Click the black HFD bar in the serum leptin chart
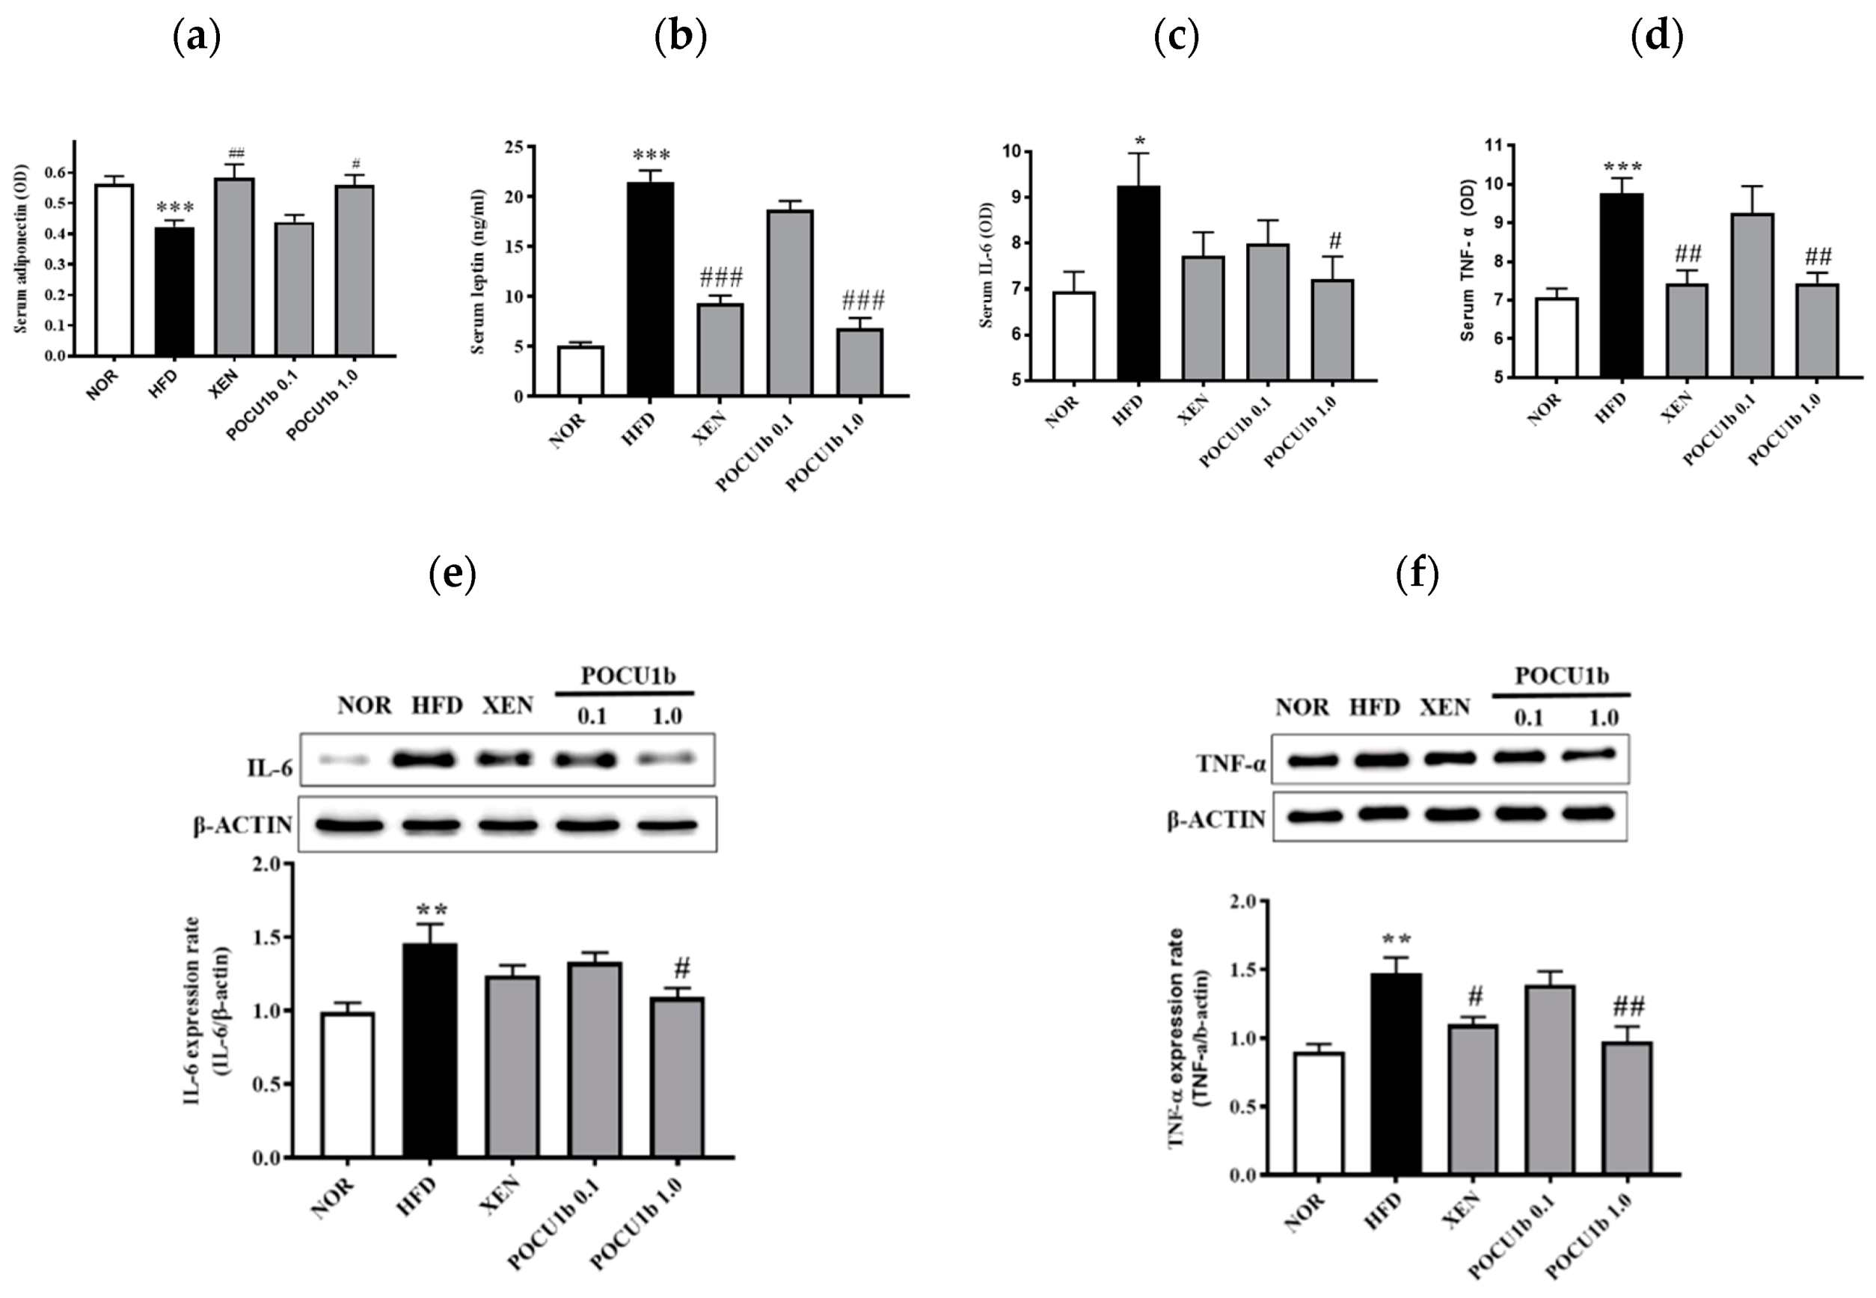[651, 289]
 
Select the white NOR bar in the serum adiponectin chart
[114, 270]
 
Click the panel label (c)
[1177, 37]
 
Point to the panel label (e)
[452, 573]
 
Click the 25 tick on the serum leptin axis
[514, 147]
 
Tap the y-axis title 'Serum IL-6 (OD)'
[987, 265]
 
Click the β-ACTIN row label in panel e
[242, 824]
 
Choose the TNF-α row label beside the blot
[1230, 764]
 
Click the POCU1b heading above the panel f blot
[1560, 676]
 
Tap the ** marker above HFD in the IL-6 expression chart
[431, 909]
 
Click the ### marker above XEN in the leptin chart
[720, 278]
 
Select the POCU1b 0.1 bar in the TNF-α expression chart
[1550, 1080]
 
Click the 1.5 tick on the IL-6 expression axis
[267, 937]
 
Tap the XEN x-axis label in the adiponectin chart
[224, 383]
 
